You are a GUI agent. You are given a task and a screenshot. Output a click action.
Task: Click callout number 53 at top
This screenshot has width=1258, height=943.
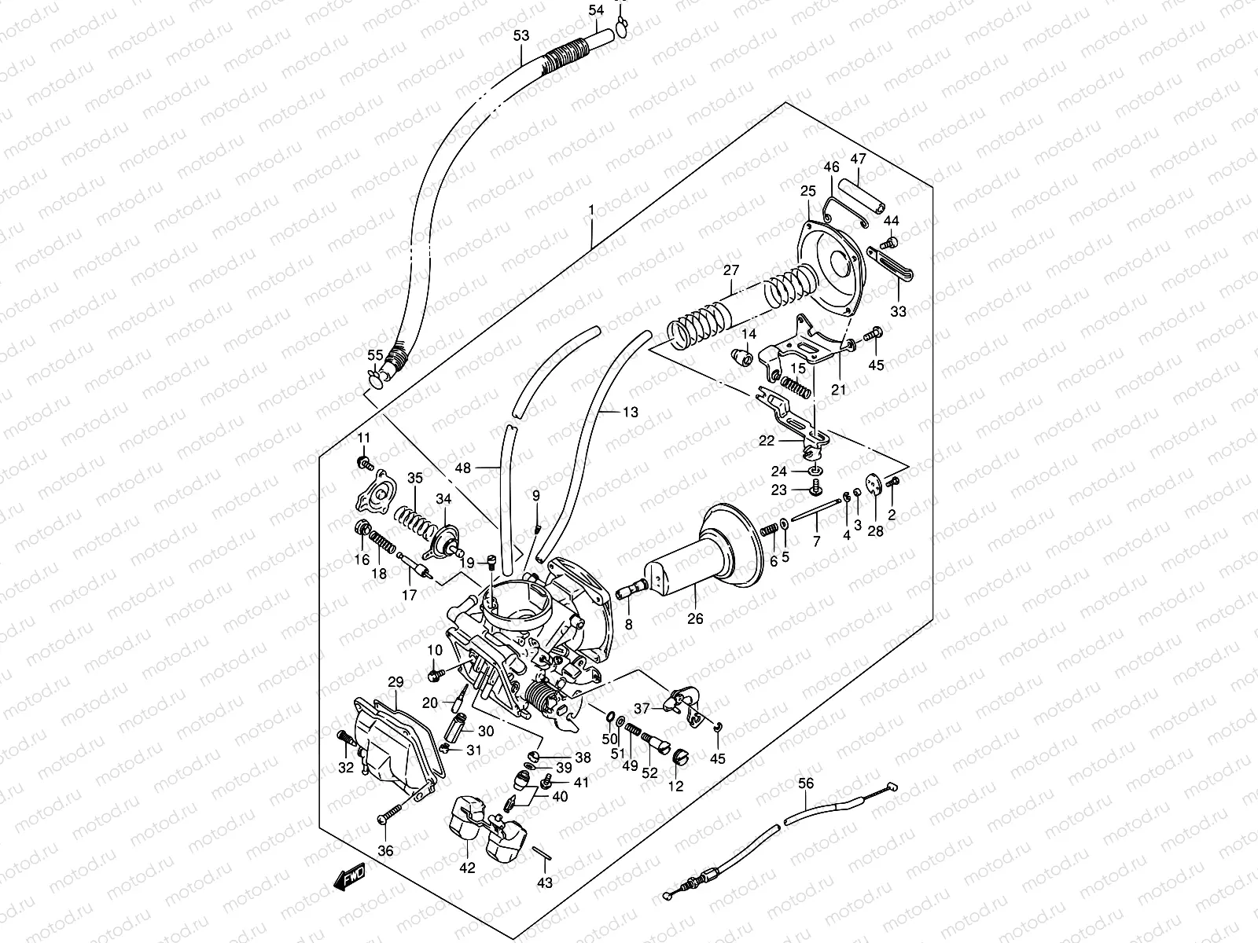520,35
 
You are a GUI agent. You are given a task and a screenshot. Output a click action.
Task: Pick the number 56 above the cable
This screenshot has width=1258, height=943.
807,783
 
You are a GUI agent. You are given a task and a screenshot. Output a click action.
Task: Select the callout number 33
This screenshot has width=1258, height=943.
898,311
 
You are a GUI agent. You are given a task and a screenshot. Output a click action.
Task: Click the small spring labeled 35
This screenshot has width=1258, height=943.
414,518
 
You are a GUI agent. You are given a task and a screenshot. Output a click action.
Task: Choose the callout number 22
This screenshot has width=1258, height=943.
766,441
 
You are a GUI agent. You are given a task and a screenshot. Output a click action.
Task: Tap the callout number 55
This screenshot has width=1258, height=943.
375,355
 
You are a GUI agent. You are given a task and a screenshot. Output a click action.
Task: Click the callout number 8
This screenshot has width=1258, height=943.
627,625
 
